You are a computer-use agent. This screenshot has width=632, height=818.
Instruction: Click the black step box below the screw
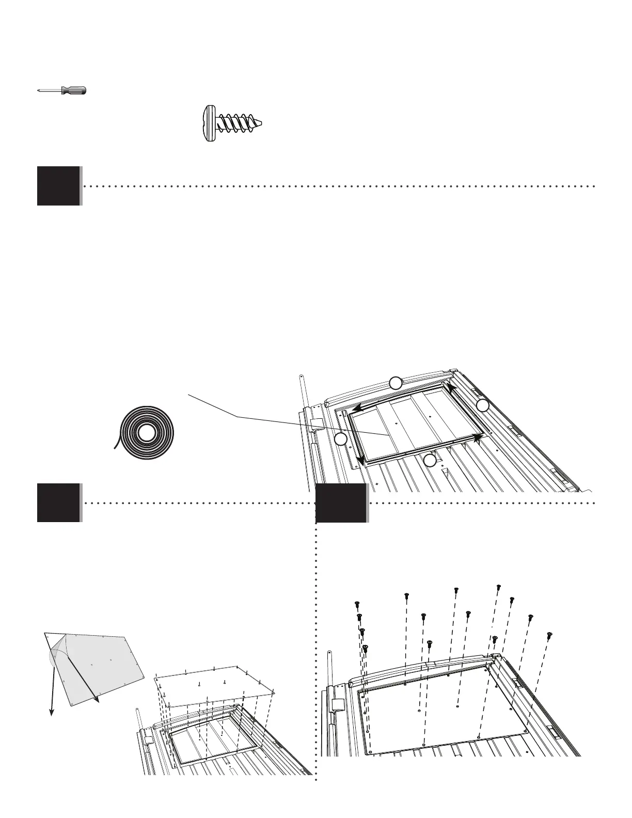point(59,186)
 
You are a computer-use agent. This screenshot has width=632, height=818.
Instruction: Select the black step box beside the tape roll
point(59,502)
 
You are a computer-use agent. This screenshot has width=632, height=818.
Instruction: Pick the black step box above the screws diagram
point(341,502)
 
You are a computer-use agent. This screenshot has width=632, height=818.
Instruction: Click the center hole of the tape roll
point(146,433)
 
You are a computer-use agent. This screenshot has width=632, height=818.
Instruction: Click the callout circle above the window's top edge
point(395,383)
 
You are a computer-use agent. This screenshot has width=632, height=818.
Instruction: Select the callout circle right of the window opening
point(483,406)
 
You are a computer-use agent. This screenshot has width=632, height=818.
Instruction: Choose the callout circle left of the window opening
point(340,439)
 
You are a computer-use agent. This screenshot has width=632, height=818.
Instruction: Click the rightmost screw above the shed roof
point(549,634)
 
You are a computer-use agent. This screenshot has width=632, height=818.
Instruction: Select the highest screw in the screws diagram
point(499,587)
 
